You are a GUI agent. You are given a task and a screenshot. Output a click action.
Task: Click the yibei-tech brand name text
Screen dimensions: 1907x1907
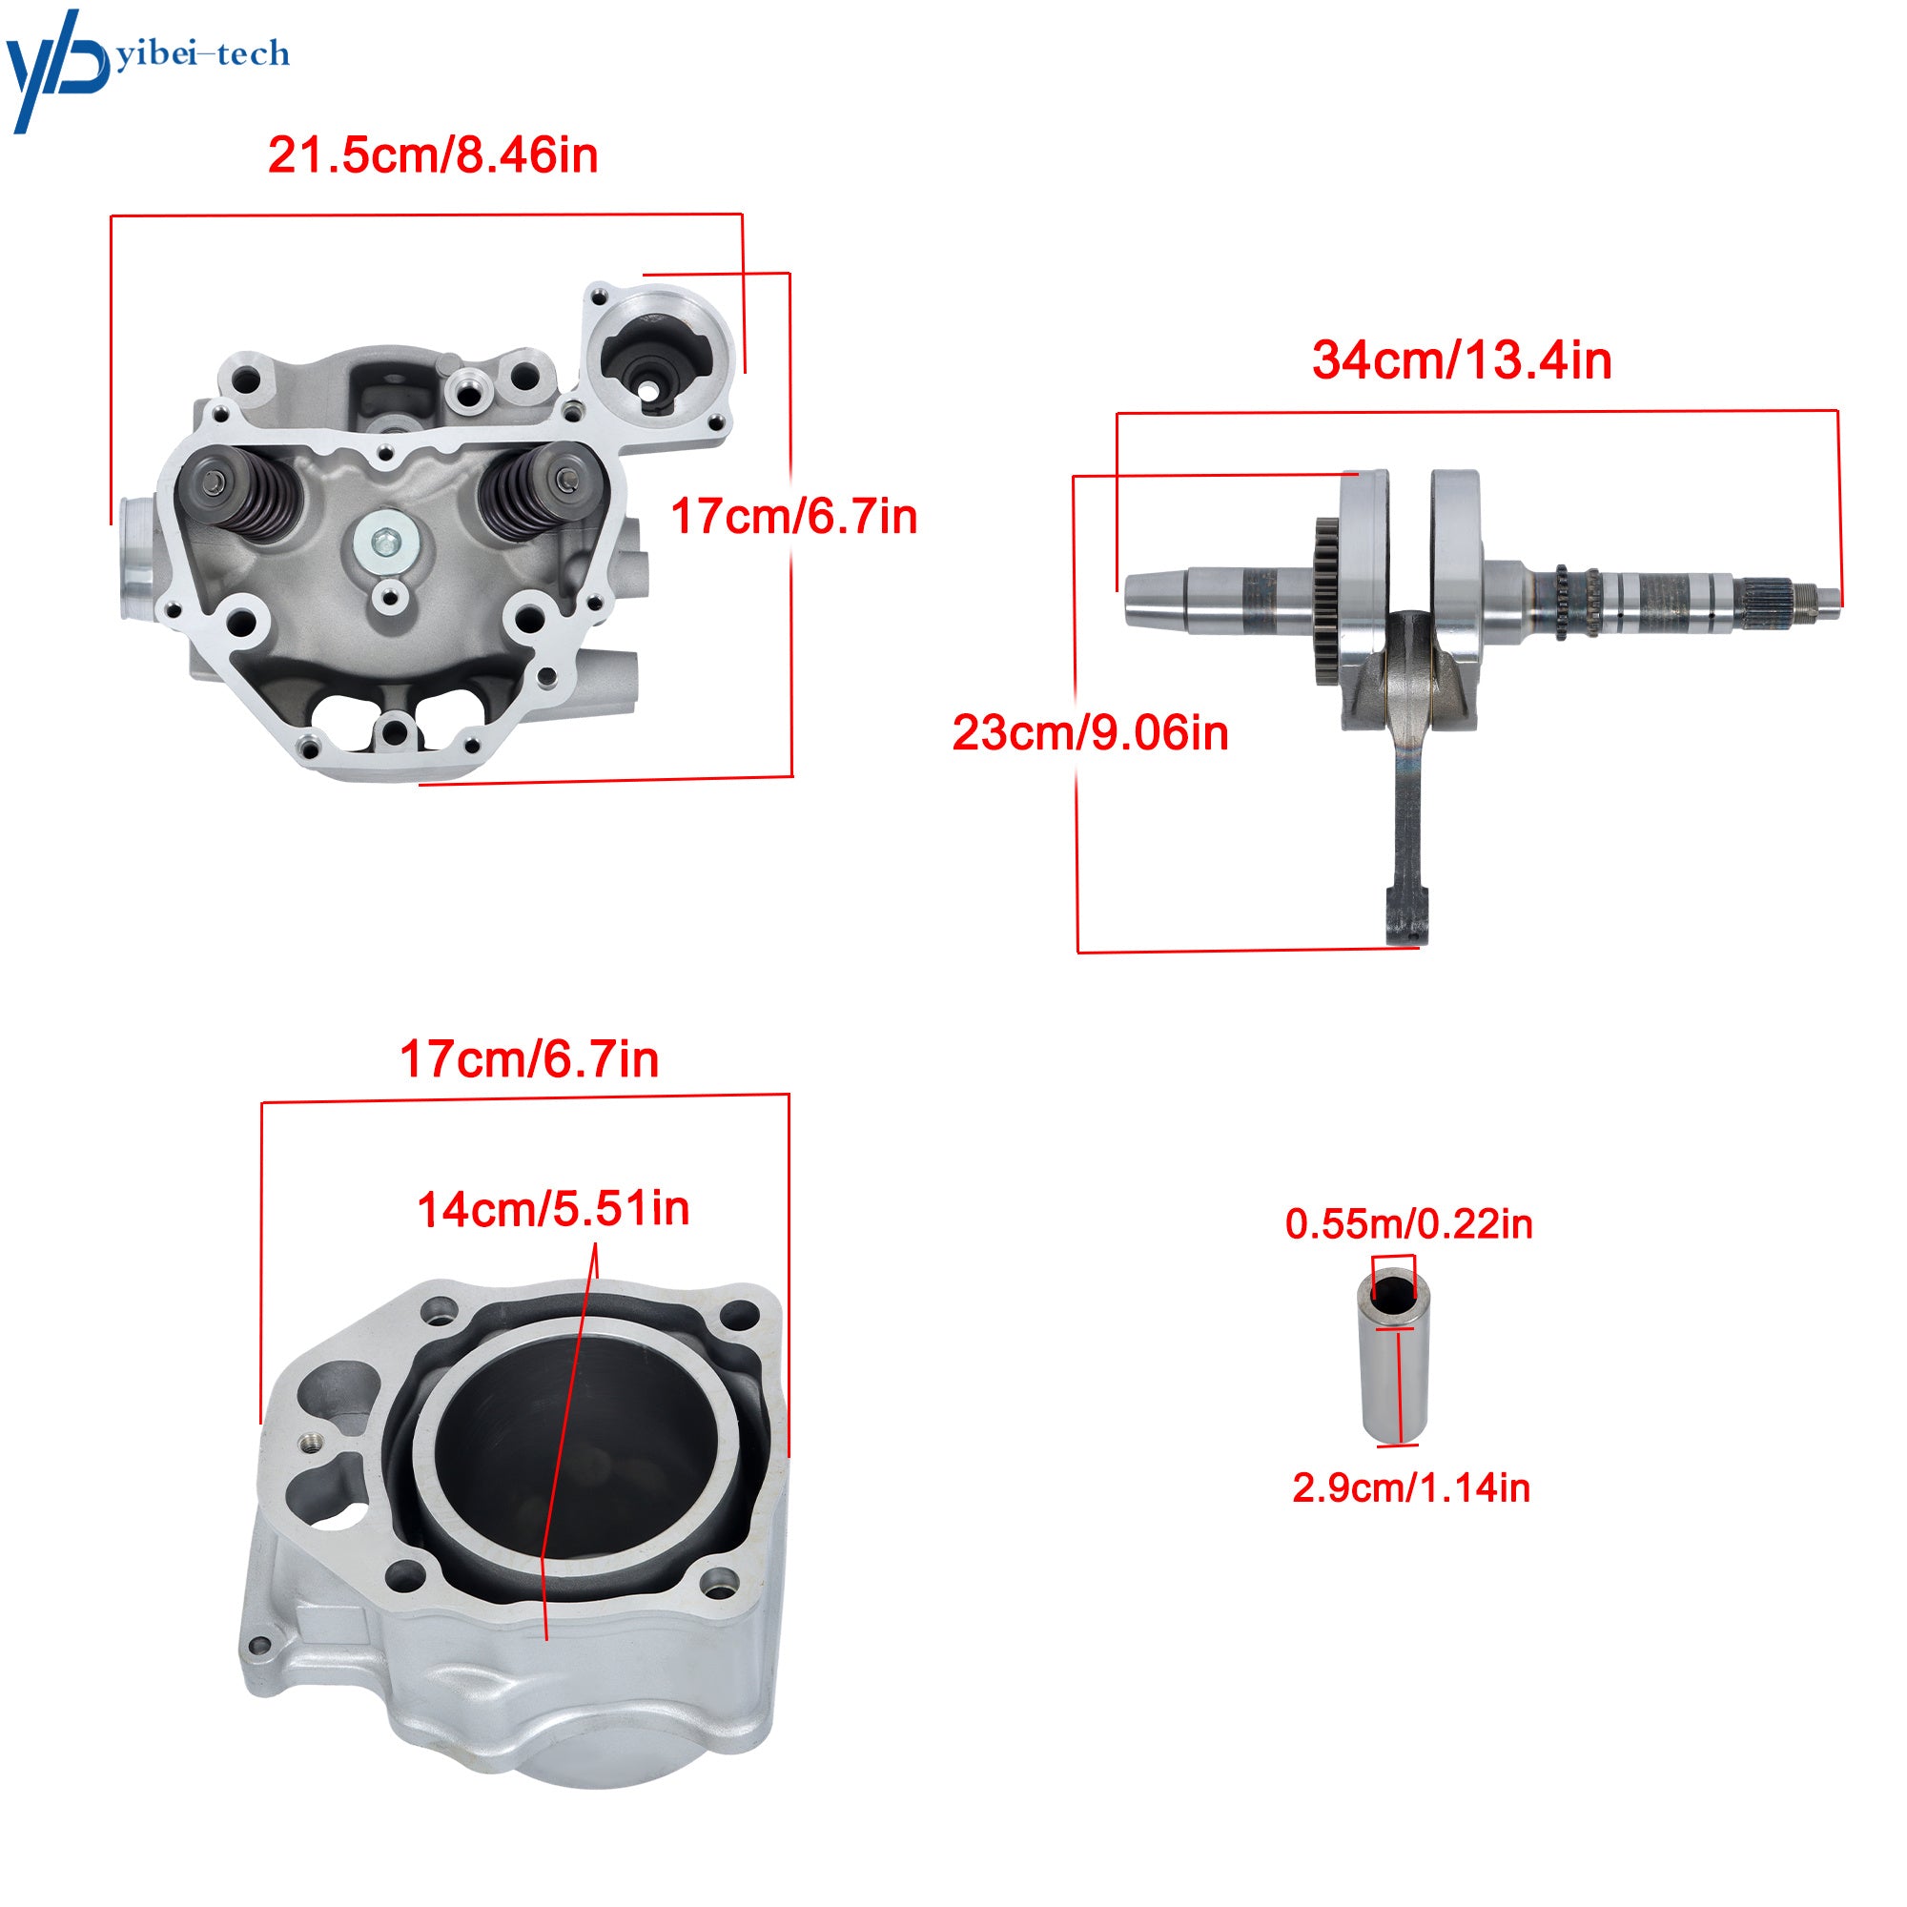tap(203, 53)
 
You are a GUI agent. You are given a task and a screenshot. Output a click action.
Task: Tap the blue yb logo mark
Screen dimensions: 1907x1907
tap(57, 69)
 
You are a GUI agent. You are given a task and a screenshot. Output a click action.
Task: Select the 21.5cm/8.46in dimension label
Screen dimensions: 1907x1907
tap(433, 156)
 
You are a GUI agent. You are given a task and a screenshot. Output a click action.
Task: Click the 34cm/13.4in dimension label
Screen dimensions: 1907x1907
tap(1462, 360)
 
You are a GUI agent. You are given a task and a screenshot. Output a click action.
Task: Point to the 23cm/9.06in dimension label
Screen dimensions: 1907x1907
tap(1091, 733)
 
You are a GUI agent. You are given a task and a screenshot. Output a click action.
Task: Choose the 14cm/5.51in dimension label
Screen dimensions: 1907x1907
tap(553, 1209)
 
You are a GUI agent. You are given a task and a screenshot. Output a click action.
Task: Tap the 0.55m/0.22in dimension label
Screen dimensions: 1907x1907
tap(1408, 1224)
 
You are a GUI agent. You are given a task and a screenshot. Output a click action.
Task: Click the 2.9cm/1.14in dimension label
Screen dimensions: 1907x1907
tap(1411, 1487)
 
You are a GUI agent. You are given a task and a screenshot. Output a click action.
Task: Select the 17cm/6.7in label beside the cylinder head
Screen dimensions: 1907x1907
tap(793, 516)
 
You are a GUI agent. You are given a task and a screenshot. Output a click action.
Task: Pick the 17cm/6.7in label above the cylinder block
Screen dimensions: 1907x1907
tap(529, 1059)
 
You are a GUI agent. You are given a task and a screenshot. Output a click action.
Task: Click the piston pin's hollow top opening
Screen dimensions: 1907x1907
tap(1393, 1294)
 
